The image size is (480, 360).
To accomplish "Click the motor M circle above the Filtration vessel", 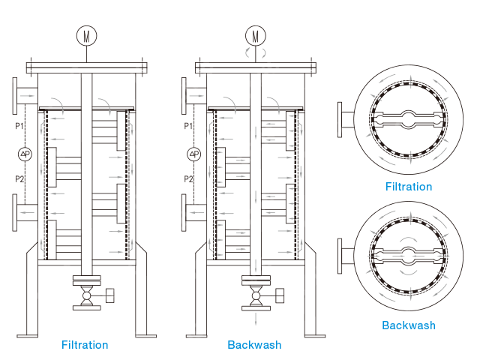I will pos(86,35).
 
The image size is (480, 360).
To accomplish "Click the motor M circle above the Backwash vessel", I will pos(256,35).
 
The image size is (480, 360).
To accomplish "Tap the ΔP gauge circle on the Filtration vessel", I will pos(25,154).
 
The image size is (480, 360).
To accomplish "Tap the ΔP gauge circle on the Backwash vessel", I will pos(194,154).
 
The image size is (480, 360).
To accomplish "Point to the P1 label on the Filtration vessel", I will pos(20,124).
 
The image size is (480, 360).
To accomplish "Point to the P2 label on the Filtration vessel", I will pos(20,179).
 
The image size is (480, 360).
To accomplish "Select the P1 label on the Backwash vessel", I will pos(189,124).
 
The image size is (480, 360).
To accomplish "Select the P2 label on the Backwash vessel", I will pos(189,179).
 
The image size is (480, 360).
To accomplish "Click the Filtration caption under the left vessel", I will pos(85,345).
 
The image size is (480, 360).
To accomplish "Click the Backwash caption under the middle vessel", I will pos(255,345).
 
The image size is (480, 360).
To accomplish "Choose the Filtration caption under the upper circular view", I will pos(408,187).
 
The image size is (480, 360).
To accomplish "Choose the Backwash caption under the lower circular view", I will pos(408,325).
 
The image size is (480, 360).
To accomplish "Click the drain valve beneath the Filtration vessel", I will pos(86,297).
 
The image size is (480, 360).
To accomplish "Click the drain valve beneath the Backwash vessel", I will pos(256,297).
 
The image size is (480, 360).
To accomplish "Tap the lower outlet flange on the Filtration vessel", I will pos(18,213).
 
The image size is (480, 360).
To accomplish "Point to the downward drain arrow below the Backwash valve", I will pos(256,319).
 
